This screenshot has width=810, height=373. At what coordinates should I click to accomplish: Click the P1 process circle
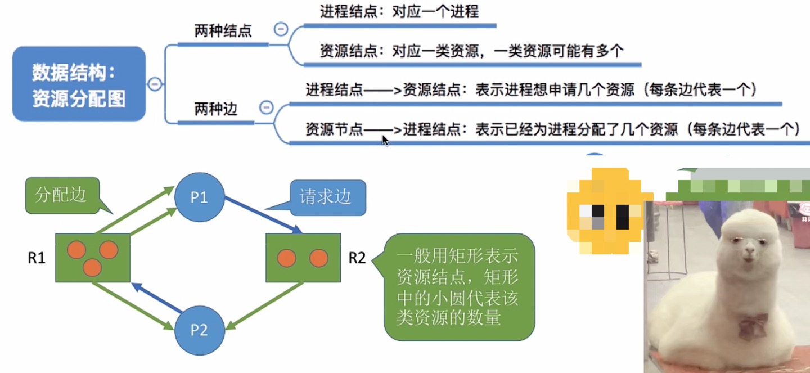pos(199,197)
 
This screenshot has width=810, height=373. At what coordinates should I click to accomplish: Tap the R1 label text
pos(37,258)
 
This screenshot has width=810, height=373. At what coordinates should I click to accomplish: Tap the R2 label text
pos(357,258)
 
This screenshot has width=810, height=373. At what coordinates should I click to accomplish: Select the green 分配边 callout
pos(62,195)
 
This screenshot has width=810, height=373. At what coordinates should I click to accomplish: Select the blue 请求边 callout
pos(328,196)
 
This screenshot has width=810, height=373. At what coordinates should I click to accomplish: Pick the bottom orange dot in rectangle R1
pos(92,268)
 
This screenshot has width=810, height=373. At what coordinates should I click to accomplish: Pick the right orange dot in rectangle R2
pos(318,258)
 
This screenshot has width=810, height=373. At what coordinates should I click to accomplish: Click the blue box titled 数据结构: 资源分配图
pos(79,84)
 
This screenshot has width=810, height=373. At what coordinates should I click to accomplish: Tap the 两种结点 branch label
pos(223,31)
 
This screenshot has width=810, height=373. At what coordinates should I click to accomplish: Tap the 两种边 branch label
pos(216,109)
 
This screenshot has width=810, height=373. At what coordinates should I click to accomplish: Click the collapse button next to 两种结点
pos(280,29)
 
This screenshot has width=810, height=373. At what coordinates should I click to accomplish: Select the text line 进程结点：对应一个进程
pos(399,11)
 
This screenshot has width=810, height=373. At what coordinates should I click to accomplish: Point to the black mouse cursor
pos(385,140)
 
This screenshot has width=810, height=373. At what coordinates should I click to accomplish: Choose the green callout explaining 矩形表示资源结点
pos(459,287)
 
